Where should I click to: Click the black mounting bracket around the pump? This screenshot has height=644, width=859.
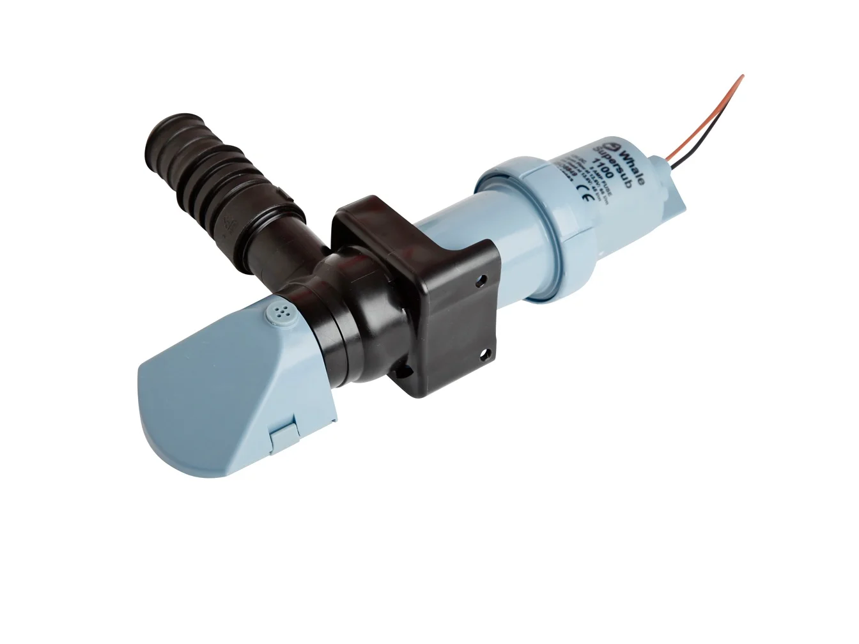pos(415,287)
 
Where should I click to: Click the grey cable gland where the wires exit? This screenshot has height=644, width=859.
pos(671,185)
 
